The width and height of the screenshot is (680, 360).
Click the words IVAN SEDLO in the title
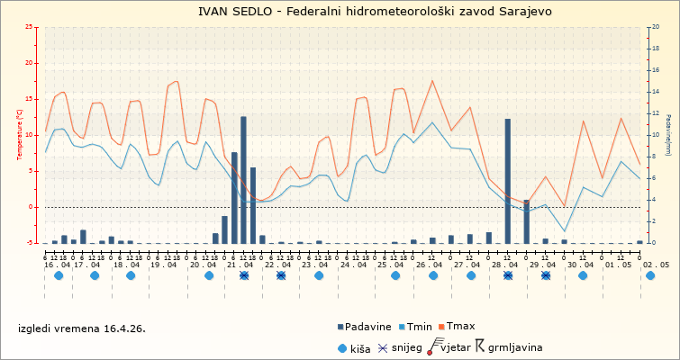tap(236, 11)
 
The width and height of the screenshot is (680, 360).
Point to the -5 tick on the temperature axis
tap(31, 243)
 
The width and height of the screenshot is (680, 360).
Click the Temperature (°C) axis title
tap(20, 135)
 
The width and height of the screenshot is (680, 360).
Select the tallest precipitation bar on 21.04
tap(243, 180)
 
